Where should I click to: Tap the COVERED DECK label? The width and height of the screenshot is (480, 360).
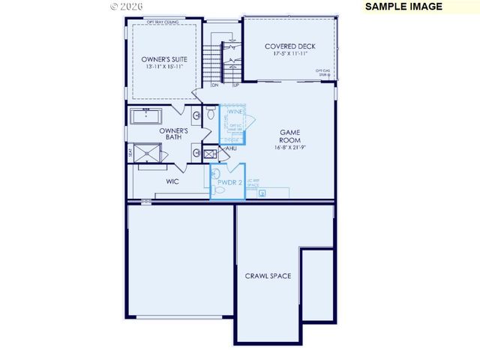coord(291,46)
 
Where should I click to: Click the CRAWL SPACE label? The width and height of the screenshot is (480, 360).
coord(268,276)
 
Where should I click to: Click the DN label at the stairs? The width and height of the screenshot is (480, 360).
coord(214,85)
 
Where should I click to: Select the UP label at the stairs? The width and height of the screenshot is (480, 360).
coord(235,85)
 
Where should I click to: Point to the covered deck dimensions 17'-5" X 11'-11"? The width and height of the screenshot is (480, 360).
coord(291,55)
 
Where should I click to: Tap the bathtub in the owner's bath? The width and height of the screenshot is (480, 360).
coord(148,117)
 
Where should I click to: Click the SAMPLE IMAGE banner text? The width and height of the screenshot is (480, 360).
coord(403,7)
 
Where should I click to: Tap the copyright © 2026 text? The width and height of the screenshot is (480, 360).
coord(124,6)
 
